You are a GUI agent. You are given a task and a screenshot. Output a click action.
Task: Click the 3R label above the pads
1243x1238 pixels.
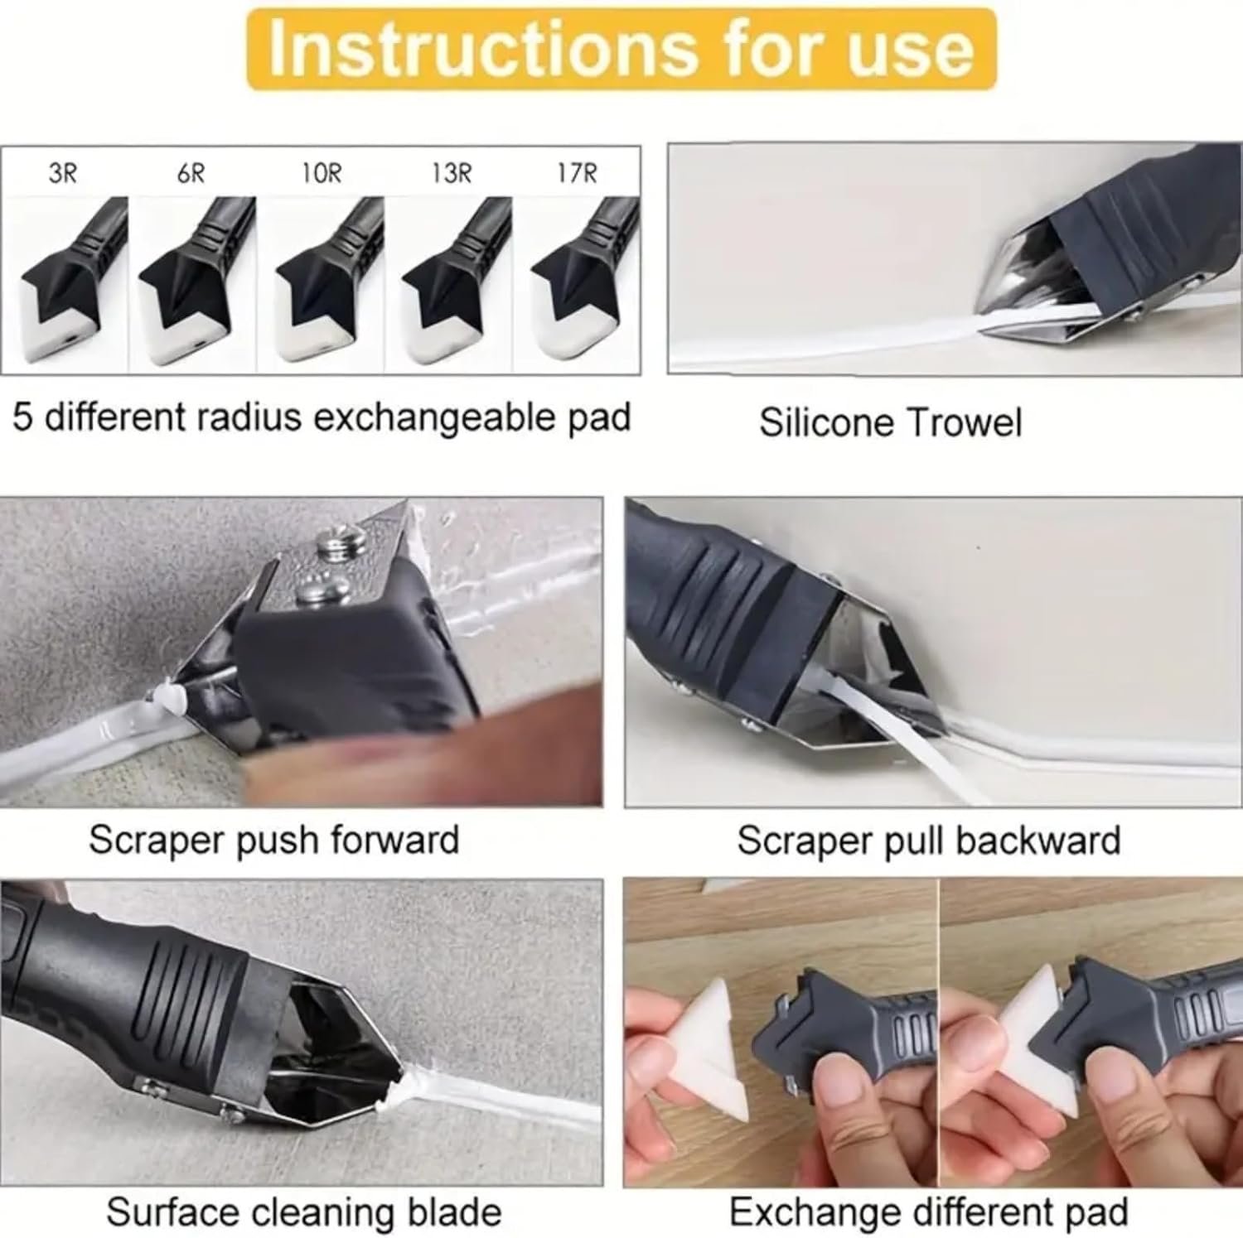tap(63, 173)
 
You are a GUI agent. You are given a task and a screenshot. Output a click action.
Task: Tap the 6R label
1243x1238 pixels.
tap(191, 173)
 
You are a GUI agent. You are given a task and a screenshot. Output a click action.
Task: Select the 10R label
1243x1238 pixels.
tap(321, 173)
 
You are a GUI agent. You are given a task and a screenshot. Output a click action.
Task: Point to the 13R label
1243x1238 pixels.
tap(451, 173)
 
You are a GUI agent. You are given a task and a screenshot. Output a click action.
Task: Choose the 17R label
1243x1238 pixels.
tap(577, 173)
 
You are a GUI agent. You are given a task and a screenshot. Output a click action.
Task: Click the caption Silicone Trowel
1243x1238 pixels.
tap(890, 422)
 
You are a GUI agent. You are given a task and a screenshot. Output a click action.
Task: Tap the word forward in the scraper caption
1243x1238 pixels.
tap(395, 840)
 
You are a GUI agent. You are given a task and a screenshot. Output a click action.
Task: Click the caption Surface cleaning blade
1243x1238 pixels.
tap(304, 1212)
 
